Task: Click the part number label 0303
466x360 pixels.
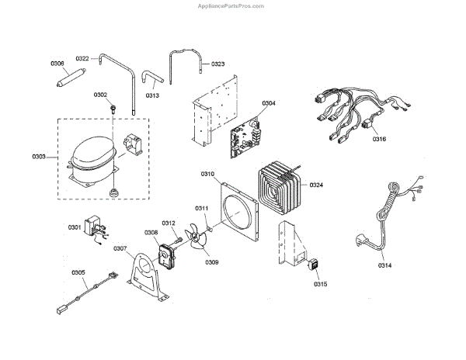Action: pyautogui.click(x=38, y=157)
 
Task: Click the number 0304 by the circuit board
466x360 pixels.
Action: pyautogui.click(x=269, y=103)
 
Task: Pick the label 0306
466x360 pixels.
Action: pyautogui.click(x=57, y=64)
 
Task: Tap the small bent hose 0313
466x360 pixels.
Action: pyautogui.click(x=148, y=78)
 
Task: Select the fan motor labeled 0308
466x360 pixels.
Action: pyautogui.click(x=167, y=254)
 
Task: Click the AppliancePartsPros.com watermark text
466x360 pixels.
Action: pyautogui.click(x=232, y=5)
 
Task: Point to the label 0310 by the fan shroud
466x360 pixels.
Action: pyautogui.click(x=207, y=174)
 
